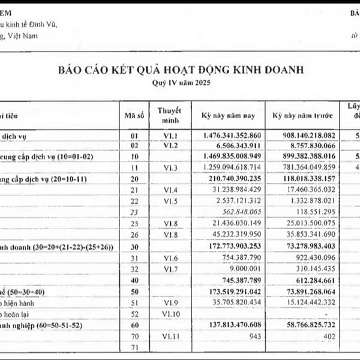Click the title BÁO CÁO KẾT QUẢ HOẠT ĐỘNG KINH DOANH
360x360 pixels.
click(x=180, y=70)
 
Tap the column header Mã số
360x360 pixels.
click(x=134, y=113)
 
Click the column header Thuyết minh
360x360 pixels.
click(x=170, y=113)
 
